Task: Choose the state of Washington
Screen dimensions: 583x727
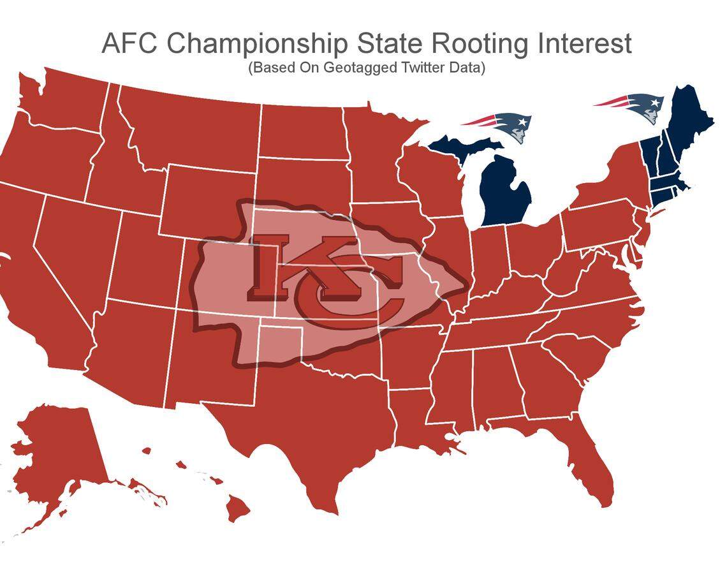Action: pyautogui.click(x=64, y=102)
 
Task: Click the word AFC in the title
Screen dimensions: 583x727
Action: pyautogui.click(x=130, y=44)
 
